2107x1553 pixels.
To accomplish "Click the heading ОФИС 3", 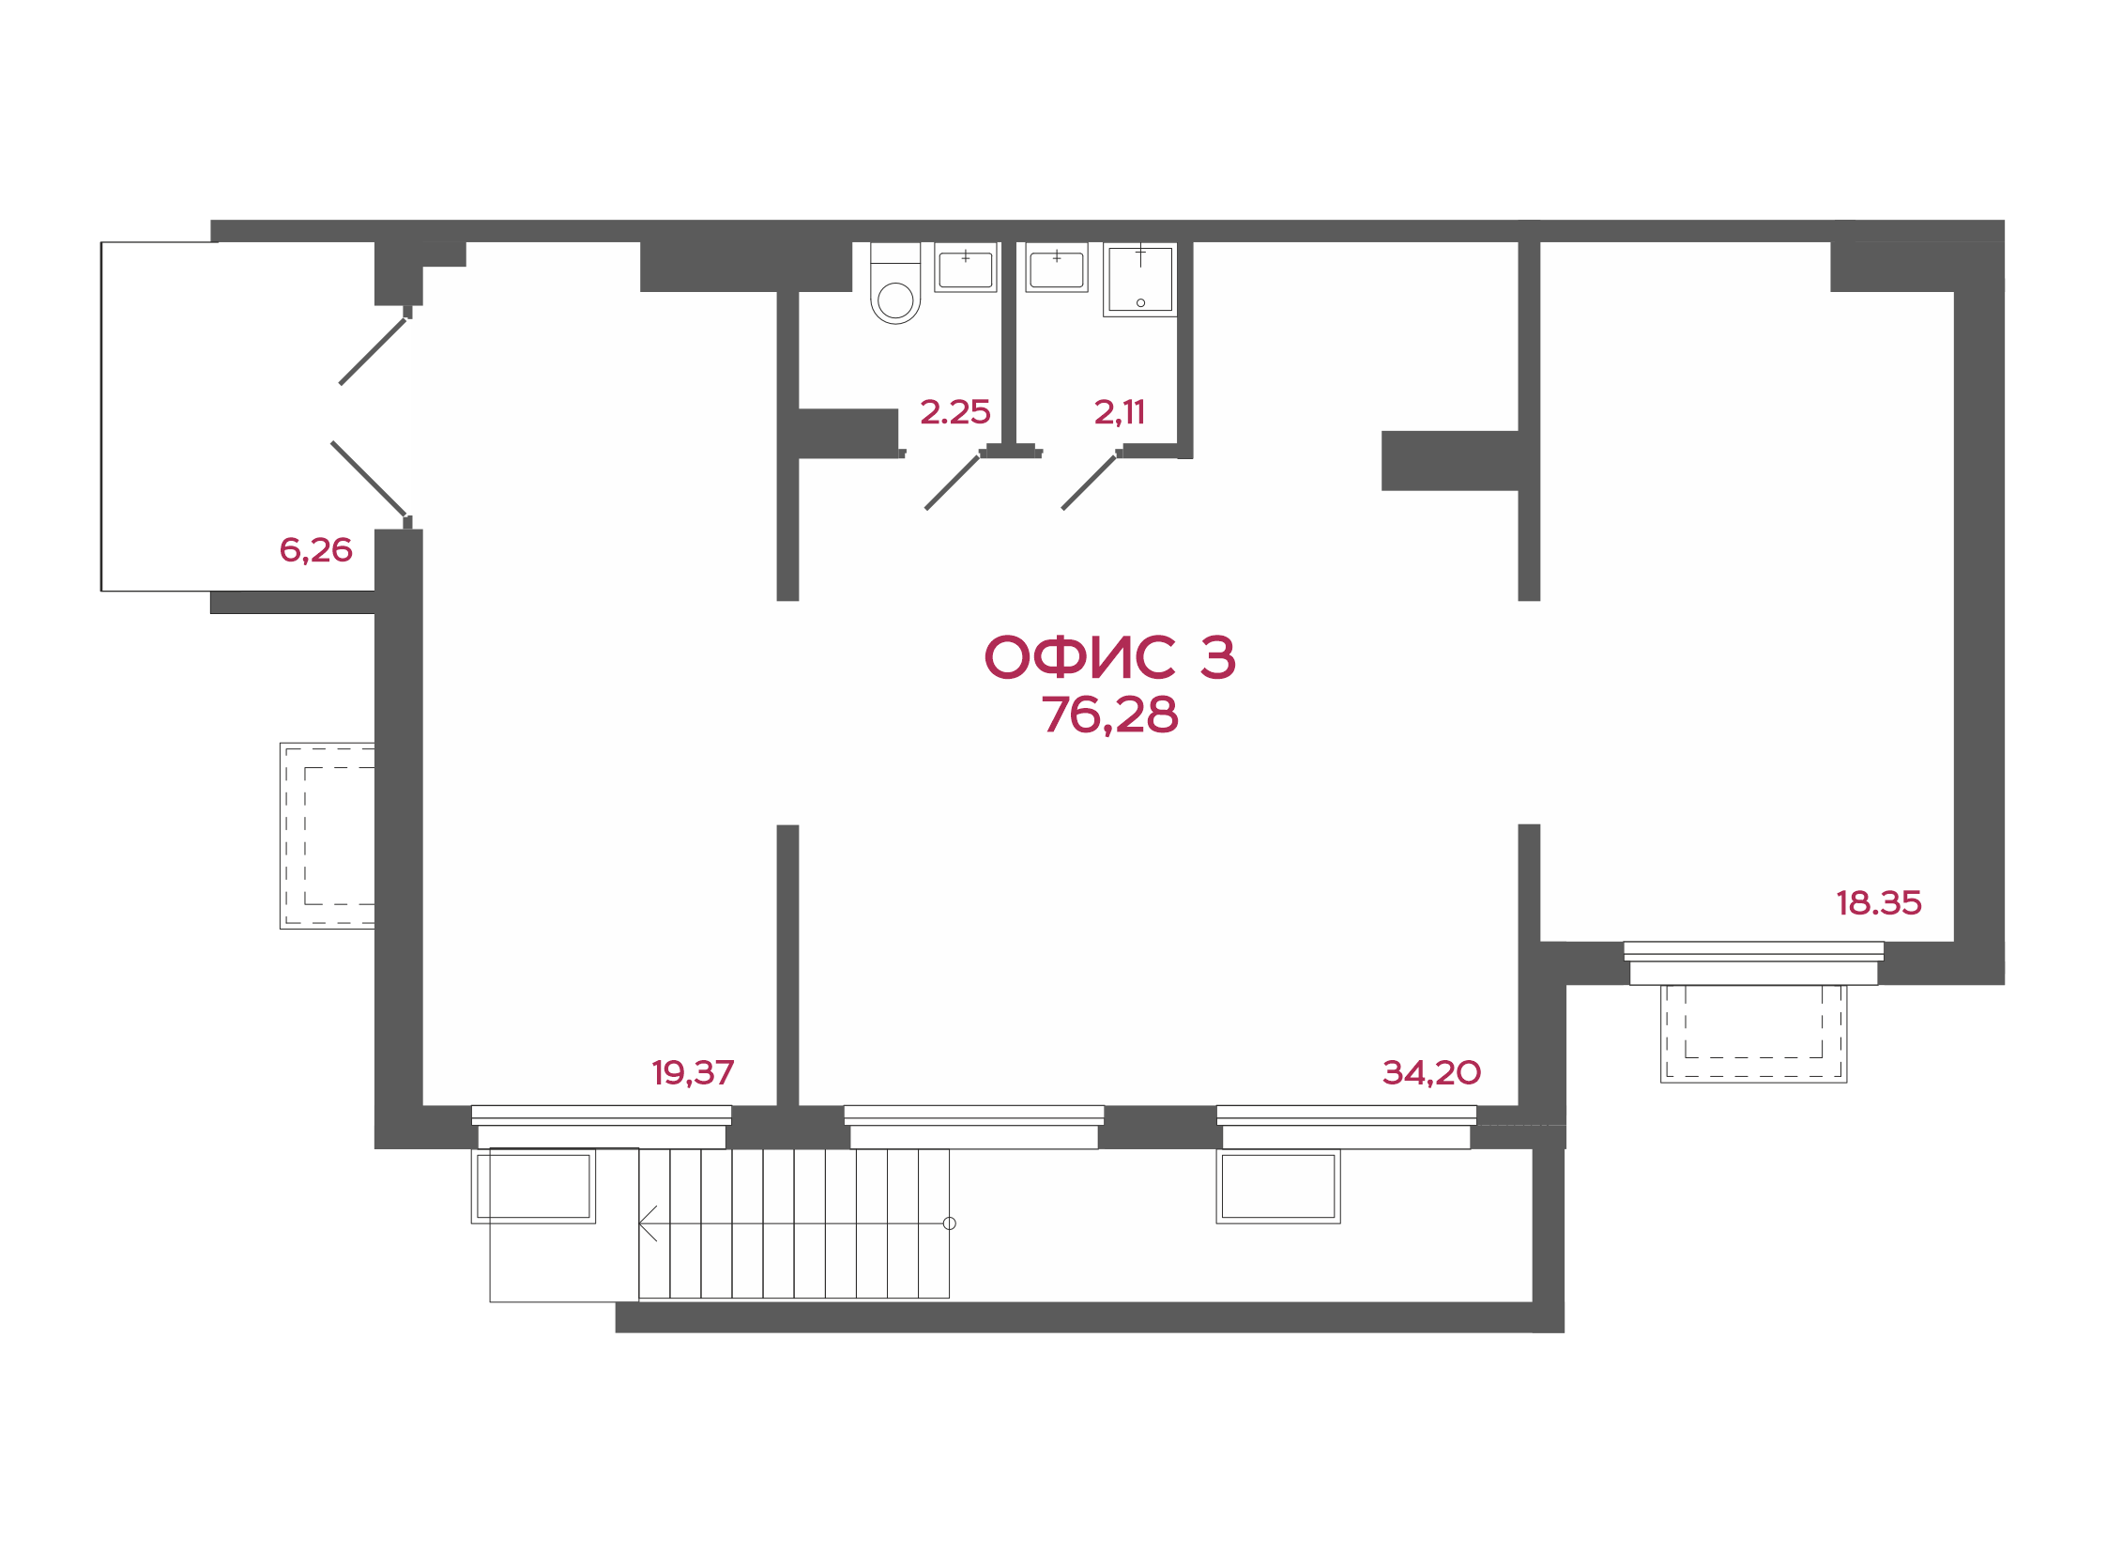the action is point(1109,656).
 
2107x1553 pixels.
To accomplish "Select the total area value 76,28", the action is point(1109,715).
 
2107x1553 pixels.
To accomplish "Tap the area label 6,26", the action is point(315,550).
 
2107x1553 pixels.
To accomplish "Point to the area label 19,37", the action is point(693,1072).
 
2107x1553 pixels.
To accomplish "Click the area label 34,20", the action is point(1431,1072).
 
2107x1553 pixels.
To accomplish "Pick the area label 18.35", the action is point(1879,903).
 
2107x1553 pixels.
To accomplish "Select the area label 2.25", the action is point(954,412).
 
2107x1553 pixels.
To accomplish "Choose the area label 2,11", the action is point(1120,412).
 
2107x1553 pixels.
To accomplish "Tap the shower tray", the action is point(1140,279).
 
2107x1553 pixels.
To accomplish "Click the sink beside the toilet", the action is point(965,268).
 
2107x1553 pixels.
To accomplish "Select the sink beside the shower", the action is point(1057,268).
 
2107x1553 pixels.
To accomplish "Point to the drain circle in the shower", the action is point(1141,302).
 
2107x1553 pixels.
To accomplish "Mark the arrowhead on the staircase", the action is point(648,1224).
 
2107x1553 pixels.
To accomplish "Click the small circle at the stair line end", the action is point(949,1224).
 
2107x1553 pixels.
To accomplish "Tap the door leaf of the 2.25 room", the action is point(952,483).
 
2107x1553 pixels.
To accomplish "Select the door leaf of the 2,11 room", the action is point(1089,483).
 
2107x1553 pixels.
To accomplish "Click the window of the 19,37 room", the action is point(602,1127).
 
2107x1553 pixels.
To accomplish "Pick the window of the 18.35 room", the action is point(1753,963).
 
